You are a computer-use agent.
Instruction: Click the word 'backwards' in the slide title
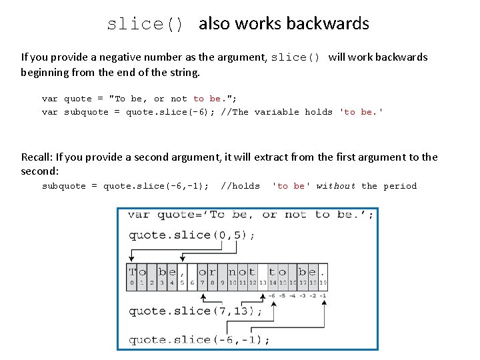(335, 24)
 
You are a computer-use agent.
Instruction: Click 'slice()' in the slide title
(145, 25)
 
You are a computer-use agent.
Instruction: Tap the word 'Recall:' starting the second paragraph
(37, 157)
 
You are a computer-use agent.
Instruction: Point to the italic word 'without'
(336, 186)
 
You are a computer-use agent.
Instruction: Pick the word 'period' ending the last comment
(400, 186)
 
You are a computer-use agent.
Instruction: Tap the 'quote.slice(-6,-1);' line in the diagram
(199, 339)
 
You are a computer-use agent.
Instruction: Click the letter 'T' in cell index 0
(133, 272)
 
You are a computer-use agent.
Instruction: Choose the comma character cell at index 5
(183, 272)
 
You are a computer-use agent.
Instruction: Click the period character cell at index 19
(324, 272)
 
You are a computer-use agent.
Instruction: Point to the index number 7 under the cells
(203, 283)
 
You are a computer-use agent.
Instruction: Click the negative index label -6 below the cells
(272, 295)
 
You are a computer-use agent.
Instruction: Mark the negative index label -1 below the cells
(323, 295)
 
